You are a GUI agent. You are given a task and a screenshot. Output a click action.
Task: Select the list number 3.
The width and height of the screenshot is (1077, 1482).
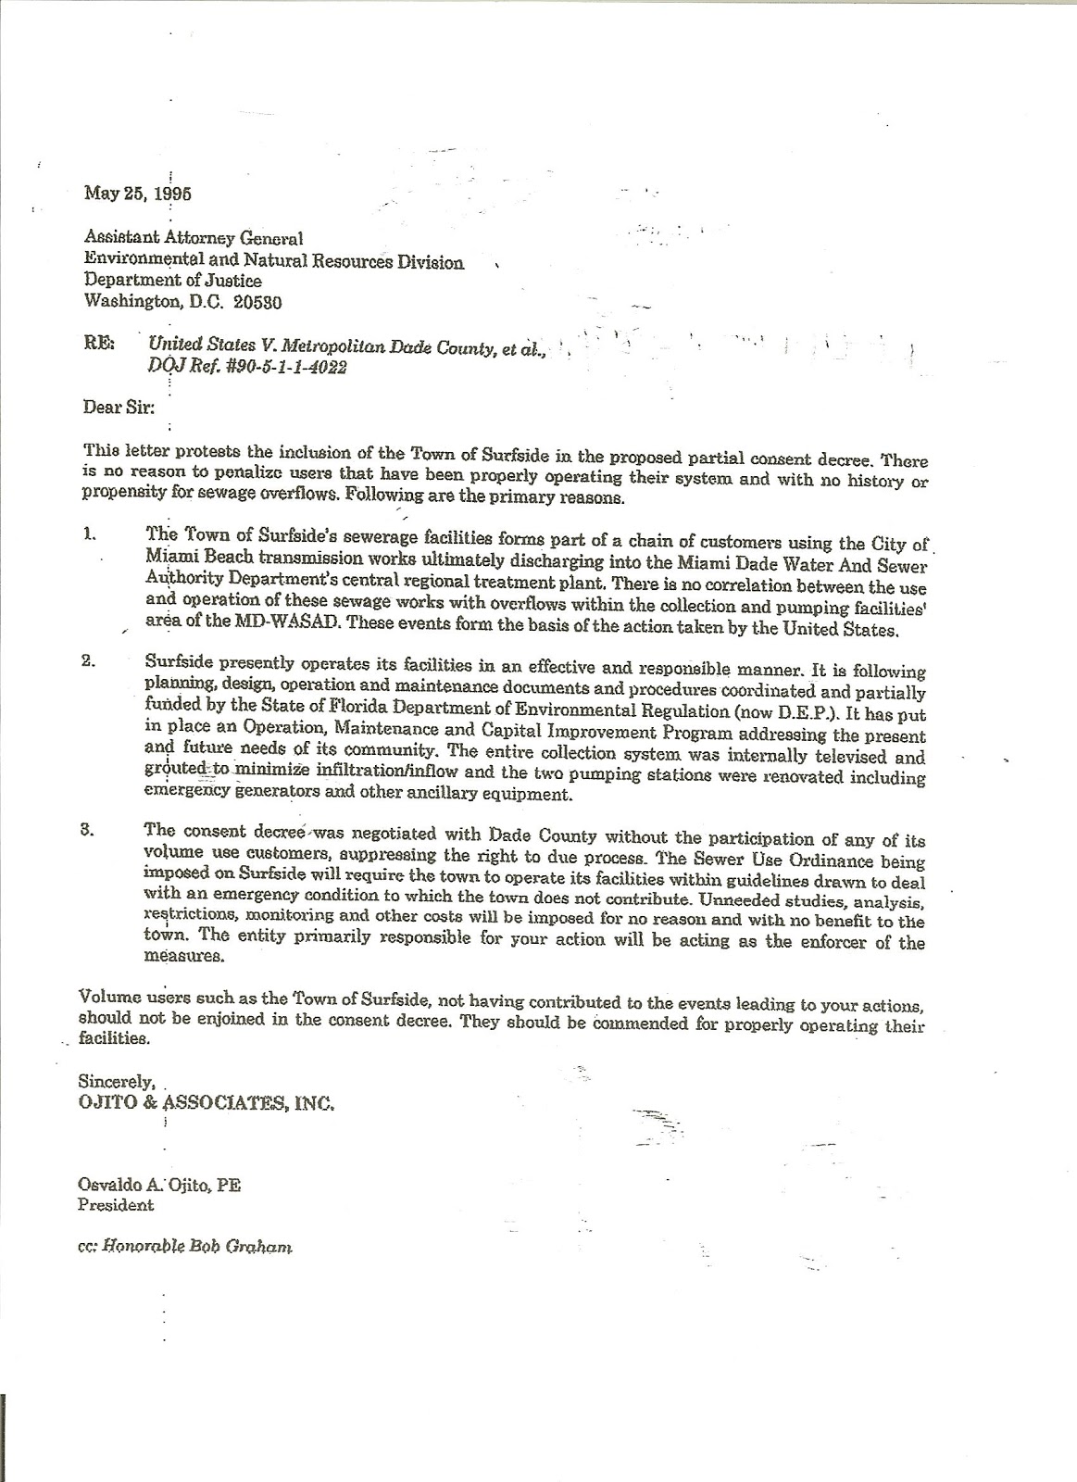coord(89,830)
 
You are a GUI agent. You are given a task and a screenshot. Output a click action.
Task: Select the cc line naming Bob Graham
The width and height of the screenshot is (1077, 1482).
coord(185,1247)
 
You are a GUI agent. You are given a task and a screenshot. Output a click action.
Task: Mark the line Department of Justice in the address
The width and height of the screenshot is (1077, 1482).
coord(173,280)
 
